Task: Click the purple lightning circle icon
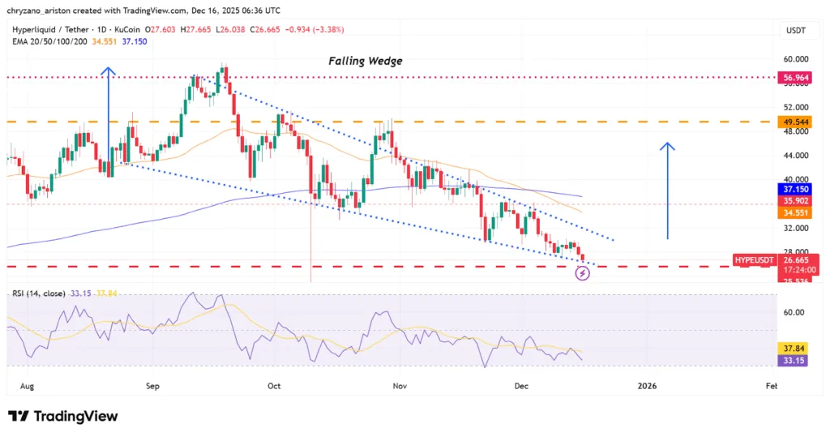(x=582, y=273)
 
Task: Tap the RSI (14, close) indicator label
(x=40, y=293)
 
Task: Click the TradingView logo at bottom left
(x=63, y=416)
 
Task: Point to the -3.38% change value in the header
(x=327, y=29)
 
